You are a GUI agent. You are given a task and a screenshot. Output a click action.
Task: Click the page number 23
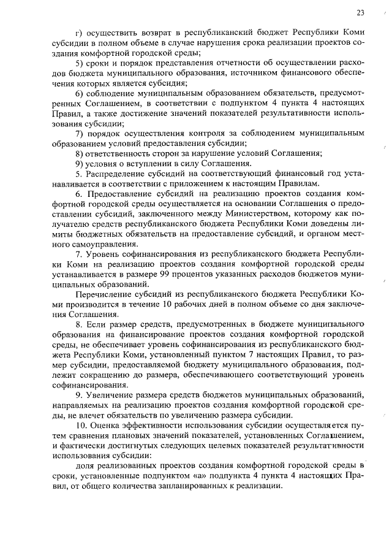point(360,13)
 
